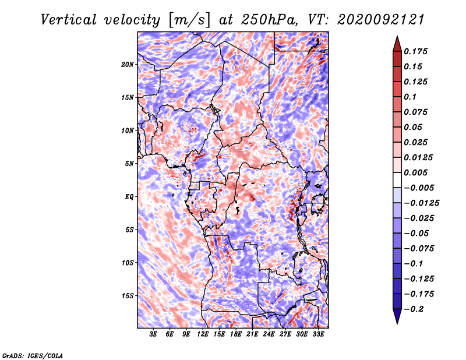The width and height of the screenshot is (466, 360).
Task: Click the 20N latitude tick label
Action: click(x=127, y=65)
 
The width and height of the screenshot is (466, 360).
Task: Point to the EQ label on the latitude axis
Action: click(x=129, y=197)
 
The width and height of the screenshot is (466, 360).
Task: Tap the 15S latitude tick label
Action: click(x=127, y=296)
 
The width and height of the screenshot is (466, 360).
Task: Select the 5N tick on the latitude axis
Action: click(x=129, y=164)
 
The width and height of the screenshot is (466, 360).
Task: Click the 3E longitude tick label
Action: click(x=153, y=334)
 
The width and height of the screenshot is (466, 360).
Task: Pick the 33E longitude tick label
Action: click(x=318, y=334)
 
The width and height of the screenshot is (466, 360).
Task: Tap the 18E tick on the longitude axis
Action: click(x=236, y=334)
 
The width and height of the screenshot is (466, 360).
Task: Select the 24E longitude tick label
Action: click(x=269, y=334)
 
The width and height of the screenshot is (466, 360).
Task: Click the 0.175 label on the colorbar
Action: click(x=415, y=51)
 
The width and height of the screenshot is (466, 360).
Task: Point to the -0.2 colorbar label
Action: click(x=414, y=309)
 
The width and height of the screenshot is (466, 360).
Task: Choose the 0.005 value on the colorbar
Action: click(x=415, y=172)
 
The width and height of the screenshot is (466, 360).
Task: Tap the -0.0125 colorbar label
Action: click(x=421, y=203)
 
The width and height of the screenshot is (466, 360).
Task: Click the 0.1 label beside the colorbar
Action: click(x=410, y=97)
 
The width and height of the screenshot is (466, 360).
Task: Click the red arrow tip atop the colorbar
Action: click(x=397, y=37)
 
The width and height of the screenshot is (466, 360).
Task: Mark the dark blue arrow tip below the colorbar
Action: click(x=397, y=323)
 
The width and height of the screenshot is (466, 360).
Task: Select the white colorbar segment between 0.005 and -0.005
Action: click(x=397, y=180)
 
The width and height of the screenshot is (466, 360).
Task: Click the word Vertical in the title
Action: click(x=69, y=20)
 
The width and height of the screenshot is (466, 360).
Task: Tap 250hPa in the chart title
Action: click(x=269, y=20)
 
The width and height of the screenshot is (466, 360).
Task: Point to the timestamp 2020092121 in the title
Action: click(x=381, y=20)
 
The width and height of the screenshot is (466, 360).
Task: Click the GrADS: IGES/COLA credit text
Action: click(x=33, y=355)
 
